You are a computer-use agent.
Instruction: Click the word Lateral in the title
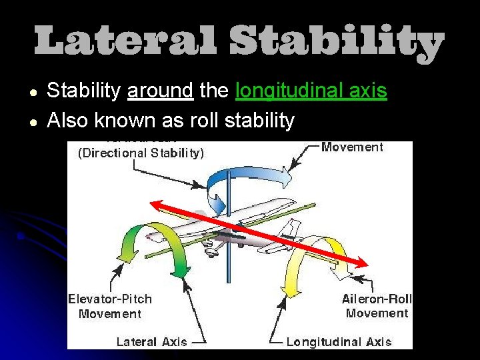tap(125, 42)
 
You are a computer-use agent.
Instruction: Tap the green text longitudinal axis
tap(311, 91)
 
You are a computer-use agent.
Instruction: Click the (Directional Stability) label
tap(141, 153)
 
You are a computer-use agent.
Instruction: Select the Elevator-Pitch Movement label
tap(110, 307)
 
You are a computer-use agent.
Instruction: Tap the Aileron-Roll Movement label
tap(377, 306)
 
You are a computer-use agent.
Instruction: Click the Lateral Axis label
tap(151, 342)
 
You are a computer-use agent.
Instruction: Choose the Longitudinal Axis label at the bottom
tap(339, 342)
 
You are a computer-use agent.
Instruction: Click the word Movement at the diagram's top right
tap(352, 147)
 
